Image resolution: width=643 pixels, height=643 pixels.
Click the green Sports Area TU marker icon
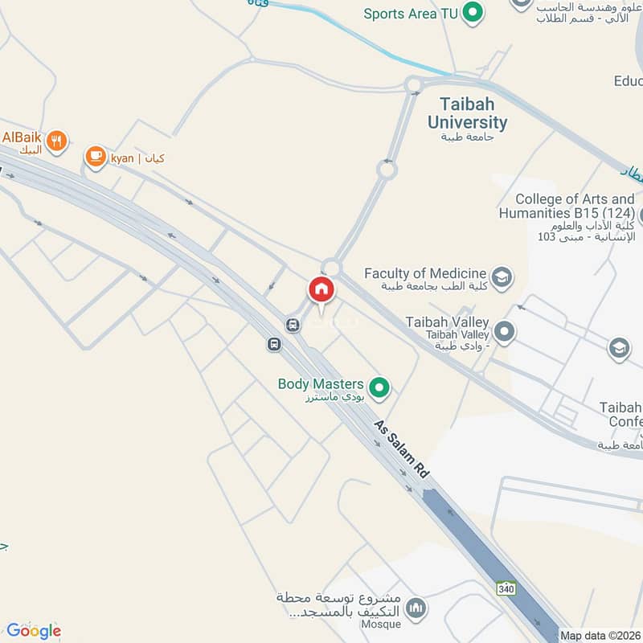[x=474, y=13]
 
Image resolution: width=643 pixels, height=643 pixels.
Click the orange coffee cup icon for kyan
[x=96, y=156]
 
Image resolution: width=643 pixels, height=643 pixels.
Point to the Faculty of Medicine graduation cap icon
[x=502, y=277]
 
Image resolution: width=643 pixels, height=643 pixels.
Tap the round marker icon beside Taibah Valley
[x=505, y=330]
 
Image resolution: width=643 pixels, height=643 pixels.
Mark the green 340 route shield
[x=506, y=588]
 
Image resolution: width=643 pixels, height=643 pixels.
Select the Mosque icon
[x=416, y=608]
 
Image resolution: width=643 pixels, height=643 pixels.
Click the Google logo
[x=33, y=630]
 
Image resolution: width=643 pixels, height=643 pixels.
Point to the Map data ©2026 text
[x=600, y=635]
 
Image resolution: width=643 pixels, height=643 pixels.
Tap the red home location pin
[x=321, y=289]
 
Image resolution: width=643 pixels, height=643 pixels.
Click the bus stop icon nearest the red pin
[x=293, y=325]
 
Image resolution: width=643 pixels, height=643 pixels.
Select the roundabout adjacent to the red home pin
[x=331, y=268]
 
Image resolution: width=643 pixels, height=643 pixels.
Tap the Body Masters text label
[x=321, y=384]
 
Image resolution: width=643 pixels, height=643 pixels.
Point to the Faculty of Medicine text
[x=425, y=273]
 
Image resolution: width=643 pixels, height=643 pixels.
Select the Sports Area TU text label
[x=411, y=14]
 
